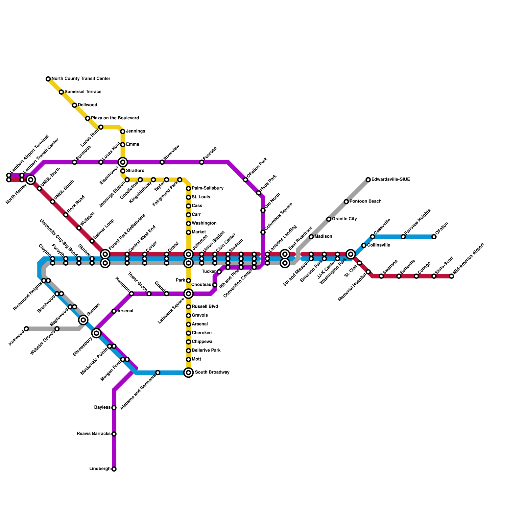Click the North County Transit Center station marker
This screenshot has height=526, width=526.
[48, 79]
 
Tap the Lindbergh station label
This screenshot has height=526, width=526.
[100, 469]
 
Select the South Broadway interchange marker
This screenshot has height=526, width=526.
[188, 372]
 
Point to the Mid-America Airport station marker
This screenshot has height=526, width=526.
[451, 276]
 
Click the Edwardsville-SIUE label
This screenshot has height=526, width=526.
[391, 179]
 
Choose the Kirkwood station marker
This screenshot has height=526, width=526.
[26, 329]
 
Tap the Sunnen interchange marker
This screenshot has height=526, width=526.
[84, 320]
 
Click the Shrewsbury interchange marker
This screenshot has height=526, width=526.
[96, 333]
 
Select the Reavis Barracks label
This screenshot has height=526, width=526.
[94, 434]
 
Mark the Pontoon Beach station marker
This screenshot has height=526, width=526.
[346, 202]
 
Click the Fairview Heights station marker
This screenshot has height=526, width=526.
[403, 237]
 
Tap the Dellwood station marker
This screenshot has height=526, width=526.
[75, 105]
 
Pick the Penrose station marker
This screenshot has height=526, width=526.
[202, 162]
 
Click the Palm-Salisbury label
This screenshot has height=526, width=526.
[207, 188]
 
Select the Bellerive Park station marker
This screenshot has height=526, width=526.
[188, 351]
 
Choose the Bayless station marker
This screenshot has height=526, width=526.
[114, 408]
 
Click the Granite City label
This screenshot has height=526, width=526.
[344, 219]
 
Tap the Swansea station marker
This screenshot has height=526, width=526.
[381, 276]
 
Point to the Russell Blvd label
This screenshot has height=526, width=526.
[205, 307]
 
